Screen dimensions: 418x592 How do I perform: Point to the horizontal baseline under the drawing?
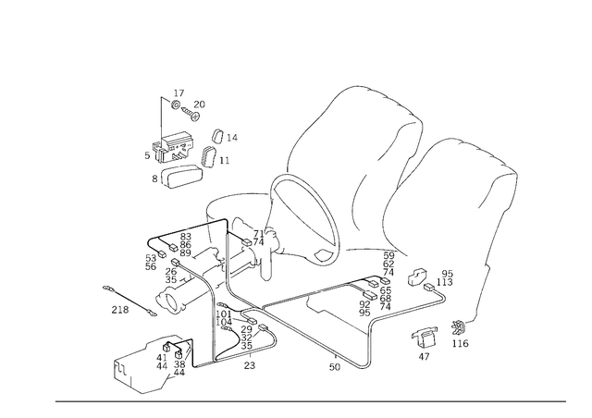[310, 400]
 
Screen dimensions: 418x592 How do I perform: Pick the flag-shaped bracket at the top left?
[176, 106]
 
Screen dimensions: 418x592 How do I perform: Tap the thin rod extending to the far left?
[120, 301]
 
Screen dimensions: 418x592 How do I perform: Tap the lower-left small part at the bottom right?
[426, 342]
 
